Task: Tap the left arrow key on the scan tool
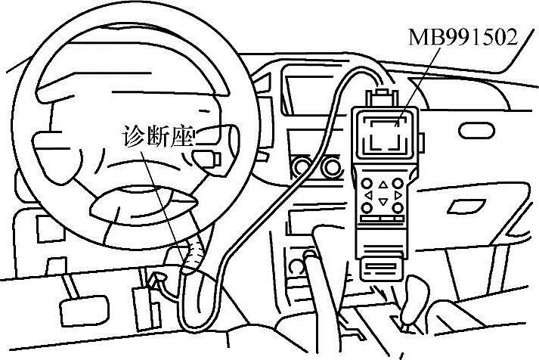pos(368,196)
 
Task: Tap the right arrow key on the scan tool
pos(398,196)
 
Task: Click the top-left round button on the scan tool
pos(367,185)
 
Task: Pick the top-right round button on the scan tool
pos(398,185)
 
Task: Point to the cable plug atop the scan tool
pos(383,98)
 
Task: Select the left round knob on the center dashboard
pos(302,166)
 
